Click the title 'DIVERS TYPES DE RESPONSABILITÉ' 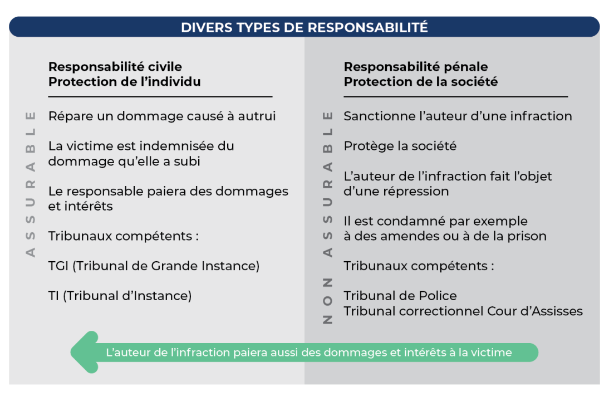point(304,27)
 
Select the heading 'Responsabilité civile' point(115,67)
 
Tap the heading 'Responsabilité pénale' point(415,67)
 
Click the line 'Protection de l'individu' point(124,82)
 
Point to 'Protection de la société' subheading point(420,82)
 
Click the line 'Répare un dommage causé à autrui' point(162,116)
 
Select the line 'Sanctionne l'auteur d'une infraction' point(458,116)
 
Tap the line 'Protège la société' point(400,146)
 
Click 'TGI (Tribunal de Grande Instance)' point(154,266)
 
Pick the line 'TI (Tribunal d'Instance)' point(120,296)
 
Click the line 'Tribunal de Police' point(400,296)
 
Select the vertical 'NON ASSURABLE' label point(328,217)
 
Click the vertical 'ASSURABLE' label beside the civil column point(31,184)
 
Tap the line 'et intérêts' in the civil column point(80,206)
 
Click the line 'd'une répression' point(396,191)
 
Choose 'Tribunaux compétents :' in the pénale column point(419,266)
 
